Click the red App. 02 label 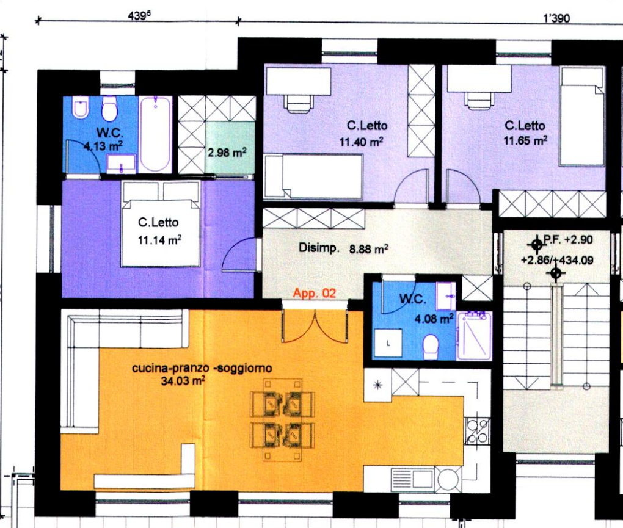[315, 294]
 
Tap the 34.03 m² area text [183, 381]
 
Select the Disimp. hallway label [319, 248]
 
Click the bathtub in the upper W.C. [155, 134]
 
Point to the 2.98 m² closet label [227, 152]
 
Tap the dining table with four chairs [283, 419]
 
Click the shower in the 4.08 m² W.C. [475, 336]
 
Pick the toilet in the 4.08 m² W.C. [431, 347]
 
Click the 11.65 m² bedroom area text [525, 140]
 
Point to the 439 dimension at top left [139, 16]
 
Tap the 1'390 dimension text [556, 18]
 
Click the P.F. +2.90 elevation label [568, 239]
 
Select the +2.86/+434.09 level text [557, 260]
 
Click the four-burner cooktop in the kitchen [478, 431]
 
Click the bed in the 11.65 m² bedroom [581, 117]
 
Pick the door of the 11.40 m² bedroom [412, 187]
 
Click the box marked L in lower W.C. [388, 344]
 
